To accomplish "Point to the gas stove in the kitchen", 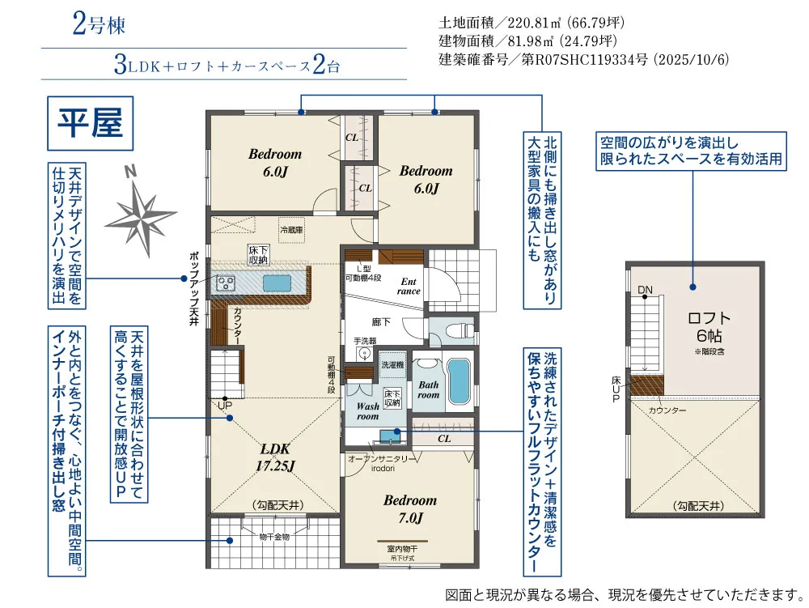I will [x=224, y=283].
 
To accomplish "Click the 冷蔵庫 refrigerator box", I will [x=290, y=229].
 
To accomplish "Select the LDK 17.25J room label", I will [x=276, y=457].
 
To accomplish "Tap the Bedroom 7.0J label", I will [x=410, y=508].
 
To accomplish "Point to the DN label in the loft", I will [x=645, y=290].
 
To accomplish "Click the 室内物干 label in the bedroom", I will [x=401, y=549].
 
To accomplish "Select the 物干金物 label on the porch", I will [x=275, y=536].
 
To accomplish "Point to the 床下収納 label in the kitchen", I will [x=258, y=254].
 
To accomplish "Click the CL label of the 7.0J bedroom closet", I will [x=443, y=438].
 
